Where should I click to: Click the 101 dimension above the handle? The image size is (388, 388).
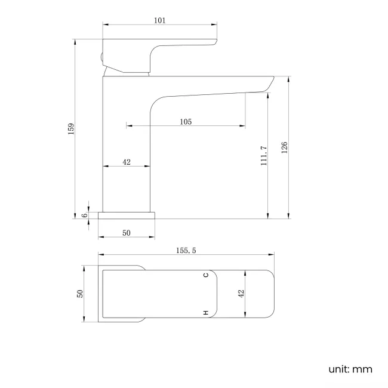(x=159, y=20)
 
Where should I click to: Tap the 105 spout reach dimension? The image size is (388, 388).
(x=185, y=122)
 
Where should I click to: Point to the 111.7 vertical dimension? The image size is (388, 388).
(x=263, y=155)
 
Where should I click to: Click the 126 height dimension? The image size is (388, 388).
(x=285, y=147)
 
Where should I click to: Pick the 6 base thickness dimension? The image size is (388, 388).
(x=85, y=215)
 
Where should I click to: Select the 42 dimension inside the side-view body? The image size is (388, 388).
(x=127, y=162)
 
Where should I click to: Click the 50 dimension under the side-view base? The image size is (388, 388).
(x=127, y=233)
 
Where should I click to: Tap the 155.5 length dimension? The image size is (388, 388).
(x=186, y=251)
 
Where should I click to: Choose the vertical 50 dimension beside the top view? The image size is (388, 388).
(x=79, y=293)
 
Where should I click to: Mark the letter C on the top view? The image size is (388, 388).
(x=205, y=275)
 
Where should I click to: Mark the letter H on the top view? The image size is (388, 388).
(x=205, y=313)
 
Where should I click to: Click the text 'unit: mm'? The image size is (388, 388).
(x=350, y=369)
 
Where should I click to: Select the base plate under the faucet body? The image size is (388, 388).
(x=127, y=215)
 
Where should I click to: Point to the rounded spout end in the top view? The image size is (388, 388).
(x=263, y=293)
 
